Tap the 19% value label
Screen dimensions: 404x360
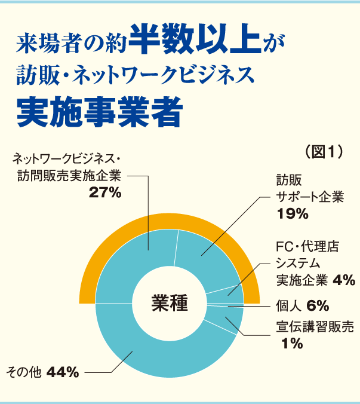click(x=292, y=213)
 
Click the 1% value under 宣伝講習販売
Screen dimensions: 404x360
click(x=292, y=344)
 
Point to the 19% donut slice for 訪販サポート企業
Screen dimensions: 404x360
click(x=203, y=257)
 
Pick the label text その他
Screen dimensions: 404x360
click(x=23, y=372)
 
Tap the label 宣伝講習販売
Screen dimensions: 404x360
click(x=315, y=326)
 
